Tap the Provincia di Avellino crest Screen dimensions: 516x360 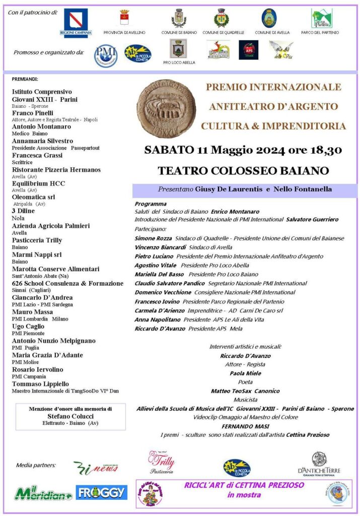[124, 19]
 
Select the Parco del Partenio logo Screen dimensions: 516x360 [321, 19]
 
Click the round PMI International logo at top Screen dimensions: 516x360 [106, 55]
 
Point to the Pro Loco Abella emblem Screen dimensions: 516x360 [179, 49]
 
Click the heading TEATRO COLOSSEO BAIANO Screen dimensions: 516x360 [243, 170]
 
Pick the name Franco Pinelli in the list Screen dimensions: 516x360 [33, 113]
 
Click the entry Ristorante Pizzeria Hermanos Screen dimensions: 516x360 [56, 170]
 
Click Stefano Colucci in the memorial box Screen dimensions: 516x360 [70, 416]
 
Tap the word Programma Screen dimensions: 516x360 [151, 204]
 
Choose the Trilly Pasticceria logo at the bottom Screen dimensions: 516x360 [162, 462]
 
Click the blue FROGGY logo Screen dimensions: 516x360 [102, 492]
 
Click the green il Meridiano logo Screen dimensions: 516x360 [43, 492]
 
